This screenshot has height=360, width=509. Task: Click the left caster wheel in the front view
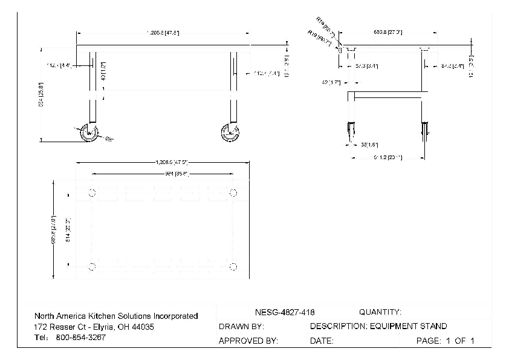coord(89,133)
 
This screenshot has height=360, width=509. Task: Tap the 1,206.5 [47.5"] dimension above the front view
coord(163,33)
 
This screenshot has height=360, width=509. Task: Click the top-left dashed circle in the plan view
coord(92,193)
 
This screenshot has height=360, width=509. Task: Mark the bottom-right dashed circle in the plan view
coord(233,267)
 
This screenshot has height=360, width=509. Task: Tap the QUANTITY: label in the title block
coord(380,312)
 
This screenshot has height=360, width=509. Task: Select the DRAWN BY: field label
coord(241,327)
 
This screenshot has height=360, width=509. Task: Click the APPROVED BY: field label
coord(248,341)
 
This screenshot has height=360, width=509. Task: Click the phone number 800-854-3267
coord(80,338)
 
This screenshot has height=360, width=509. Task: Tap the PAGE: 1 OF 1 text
coord(446,341)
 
